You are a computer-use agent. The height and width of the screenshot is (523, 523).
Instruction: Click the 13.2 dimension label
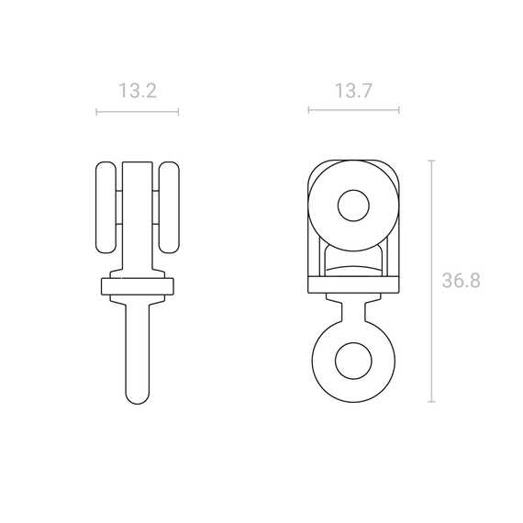138,91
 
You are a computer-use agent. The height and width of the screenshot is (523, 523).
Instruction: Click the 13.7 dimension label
353,91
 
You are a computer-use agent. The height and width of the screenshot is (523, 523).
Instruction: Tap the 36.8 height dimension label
462,281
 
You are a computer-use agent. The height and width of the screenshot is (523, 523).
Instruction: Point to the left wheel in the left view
106,207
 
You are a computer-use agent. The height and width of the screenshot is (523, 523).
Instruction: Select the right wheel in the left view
169,207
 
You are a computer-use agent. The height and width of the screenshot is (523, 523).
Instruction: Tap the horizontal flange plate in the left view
138,286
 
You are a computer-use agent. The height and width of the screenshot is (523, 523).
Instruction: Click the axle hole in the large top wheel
353,206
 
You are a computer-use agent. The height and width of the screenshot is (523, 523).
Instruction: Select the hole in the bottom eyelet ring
353,361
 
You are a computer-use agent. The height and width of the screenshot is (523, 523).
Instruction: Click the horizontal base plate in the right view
353,284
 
